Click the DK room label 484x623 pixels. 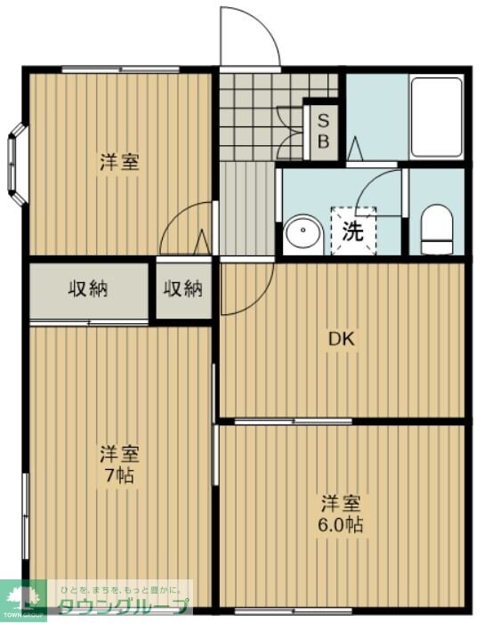click(x=342, y=338)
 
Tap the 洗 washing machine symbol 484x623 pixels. click(x=353, y=231)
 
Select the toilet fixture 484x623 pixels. click(x=436, y=230)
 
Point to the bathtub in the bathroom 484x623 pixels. click(x=436, y=117)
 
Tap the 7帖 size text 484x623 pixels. click(x=118, y=475)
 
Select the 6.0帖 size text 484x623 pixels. click(x=342, y=523)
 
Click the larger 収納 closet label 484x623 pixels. click(x=89, y=288)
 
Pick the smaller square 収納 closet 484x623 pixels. click(x=183, y=288)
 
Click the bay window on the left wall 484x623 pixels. click(x=17, y=160)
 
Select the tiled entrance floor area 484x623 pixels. click(x=258, y=116)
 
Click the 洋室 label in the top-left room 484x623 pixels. click(x=118, y=163)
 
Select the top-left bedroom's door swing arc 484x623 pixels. click(x=184, y=230)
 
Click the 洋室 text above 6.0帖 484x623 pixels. click(x=342, y=501)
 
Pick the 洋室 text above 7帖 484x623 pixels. click(x=118, y=453)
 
